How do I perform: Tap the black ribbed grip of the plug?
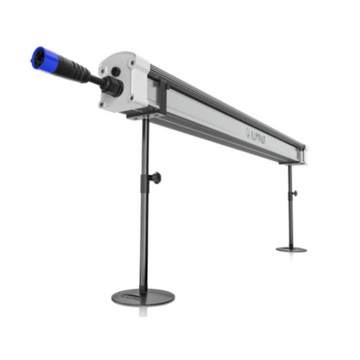pos(68,70)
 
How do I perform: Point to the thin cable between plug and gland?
pos(94,80)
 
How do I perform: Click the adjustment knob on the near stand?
pos(155,178)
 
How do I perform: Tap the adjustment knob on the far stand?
pos(293,193)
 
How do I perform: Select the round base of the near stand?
pos(143,297)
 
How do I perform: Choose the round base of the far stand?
pos(291,249)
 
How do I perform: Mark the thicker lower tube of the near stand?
pos(144,234)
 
